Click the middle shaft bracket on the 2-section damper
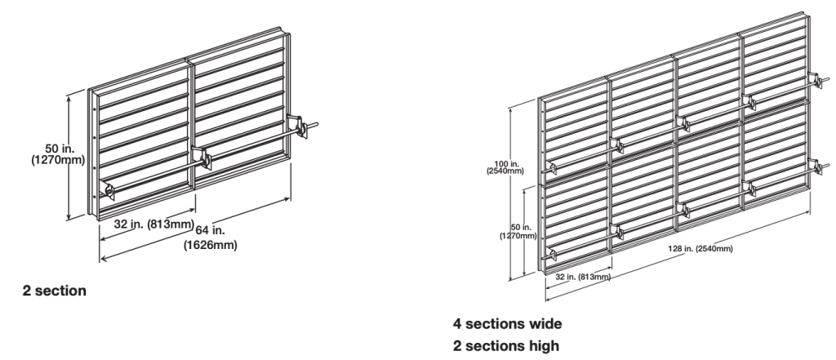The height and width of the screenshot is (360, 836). pyautogui.click(x=201, y=155)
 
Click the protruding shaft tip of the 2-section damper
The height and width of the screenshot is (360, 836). pyautogui.click(x=317, y=122)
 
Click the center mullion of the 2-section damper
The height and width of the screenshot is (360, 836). pyautogui.click(x=193, y=122)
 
